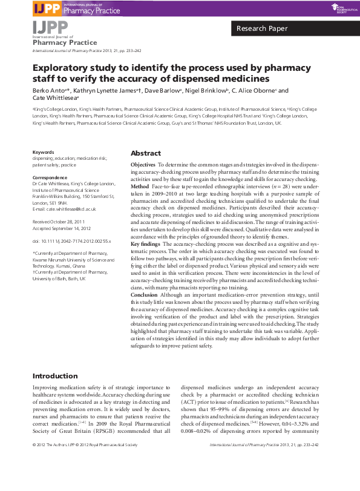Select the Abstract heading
click(x=145, y=153)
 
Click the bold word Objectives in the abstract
click(x=143, y=165)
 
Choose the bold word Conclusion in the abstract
click(x=146, y=296)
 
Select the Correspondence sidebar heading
click(x=50, y=177)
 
